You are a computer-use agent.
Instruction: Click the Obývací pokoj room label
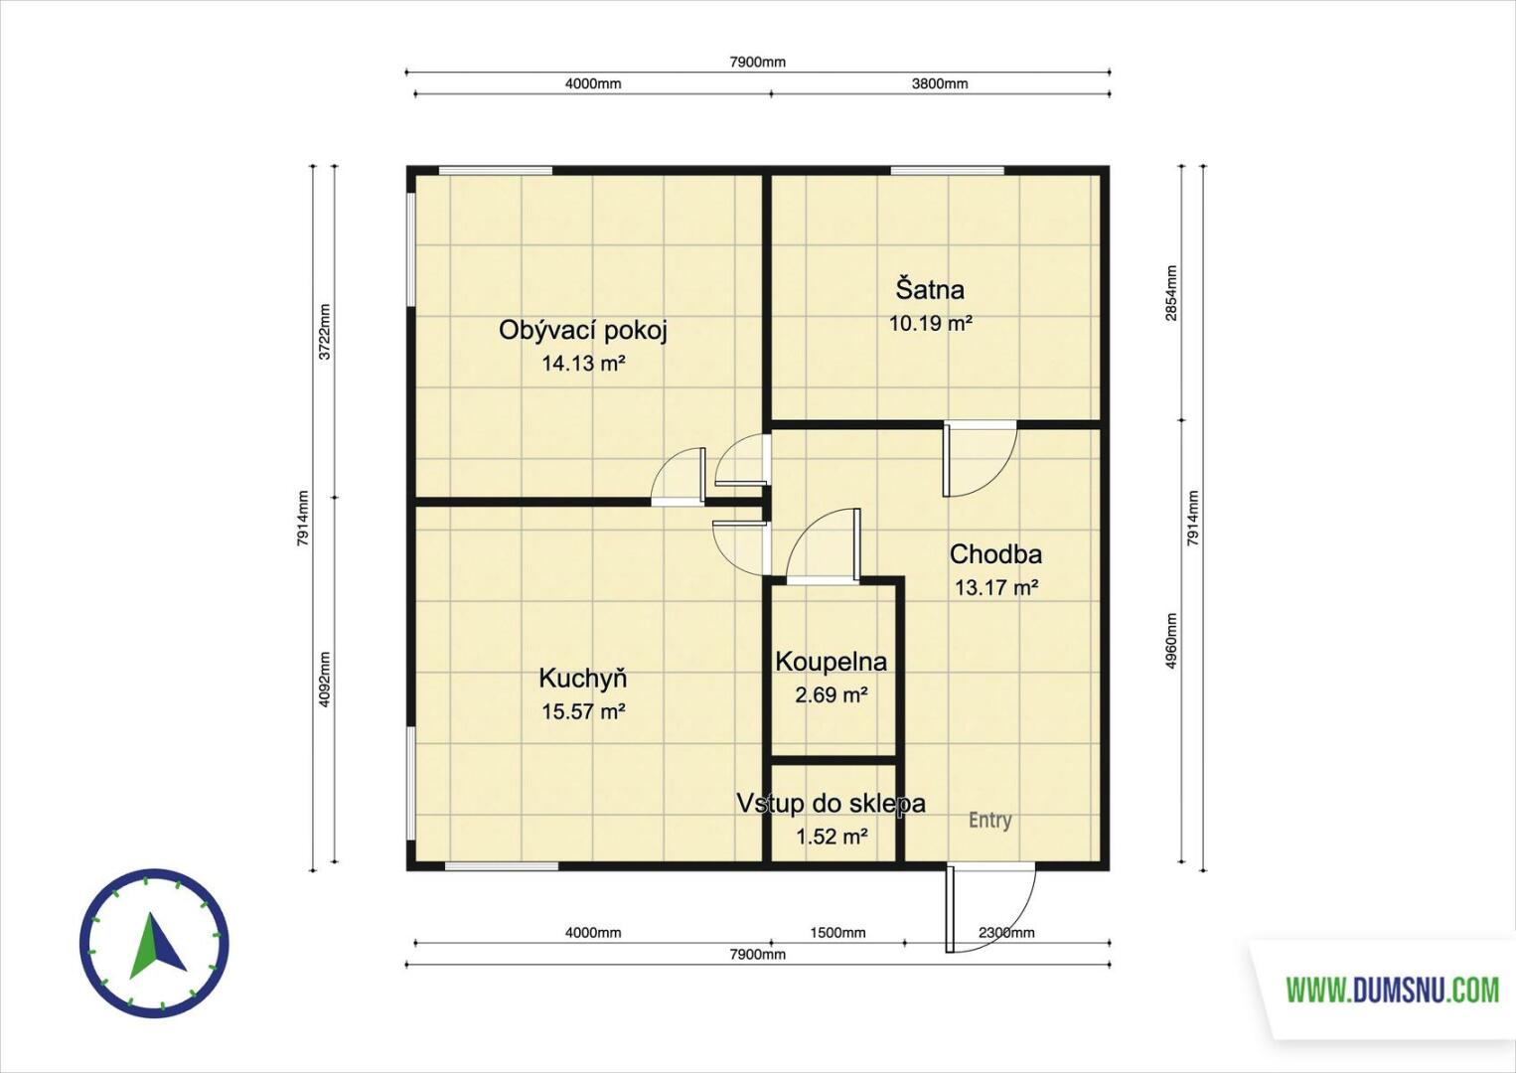[x=583, y=332]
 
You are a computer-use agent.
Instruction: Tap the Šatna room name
[x=931, y=289]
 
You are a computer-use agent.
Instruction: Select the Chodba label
[x=995, y=554]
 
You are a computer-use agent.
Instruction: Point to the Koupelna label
[x=832, y=662]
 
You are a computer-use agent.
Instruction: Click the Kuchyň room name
[x=583, y=678]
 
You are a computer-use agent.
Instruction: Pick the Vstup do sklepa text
[x=832, y=804]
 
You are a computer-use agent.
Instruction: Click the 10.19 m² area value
[x=931, y=324]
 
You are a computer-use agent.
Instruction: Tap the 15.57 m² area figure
[x=583, y=711]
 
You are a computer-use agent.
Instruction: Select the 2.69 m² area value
[x=832, y=695]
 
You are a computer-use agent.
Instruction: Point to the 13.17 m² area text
[x=996, y=587]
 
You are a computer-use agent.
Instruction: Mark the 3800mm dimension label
[x=940, y=83]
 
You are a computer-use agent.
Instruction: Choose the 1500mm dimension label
[x=837, y=933]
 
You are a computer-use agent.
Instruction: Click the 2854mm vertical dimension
[x=1171, y=292]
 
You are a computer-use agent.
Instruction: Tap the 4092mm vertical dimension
[x=324, y=680]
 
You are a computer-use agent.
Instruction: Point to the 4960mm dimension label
[x=1171, y=641]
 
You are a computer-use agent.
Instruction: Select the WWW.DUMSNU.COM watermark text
[x=1393, y=991]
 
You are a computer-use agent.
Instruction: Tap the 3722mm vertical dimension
[x=324, y=332]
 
